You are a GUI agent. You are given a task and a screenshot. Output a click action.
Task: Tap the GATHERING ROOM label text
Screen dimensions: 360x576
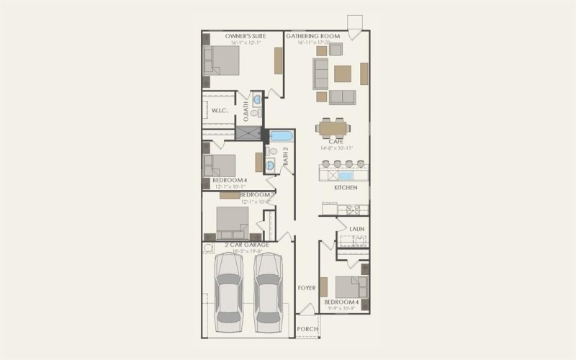coord(312,35)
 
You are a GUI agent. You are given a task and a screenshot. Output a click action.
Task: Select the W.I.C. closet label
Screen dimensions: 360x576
coord(220,110)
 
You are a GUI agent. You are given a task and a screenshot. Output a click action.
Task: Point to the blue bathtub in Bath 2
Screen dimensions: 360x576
coord(281,135)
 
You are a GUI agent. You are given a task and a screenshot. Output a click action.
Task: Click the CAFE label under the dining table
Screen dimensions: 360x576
coord(332,142)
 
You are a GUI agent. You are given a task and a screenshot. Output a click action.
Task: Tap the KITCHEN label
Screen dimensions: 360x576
coord(346,188)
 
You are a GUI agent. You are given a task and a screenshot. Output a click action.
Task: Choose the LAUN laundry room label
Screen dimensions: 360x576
coord(356,229)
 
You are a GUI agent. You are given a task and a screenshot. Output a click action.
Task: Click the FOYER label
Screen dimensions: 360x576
coord(307,287)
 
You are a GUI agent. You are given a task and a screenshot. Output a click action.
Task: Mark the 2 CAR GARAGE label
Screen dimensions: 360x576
coord(246,246)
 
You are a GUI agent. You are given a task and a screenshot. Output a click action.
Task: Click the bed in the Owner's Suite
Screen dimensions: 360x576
coord(221,60)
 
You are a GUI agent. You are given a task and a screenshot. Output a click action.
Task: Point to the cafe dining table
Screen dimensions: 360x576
coord(333,128)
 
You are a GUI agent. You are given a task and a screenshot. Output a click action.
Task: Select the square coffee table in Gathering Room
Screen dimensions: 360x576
coord(343,73)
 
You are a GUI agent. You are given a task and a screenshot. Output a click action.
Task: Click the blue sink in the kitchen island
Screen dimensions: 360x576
coord(346,175)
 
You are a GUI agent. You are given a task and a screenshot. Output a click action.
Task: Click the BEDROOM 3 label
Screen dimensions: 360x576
coord(257,194)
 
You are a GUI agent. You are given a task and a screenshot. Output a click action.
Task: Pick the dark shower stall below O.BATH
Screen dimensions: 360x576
coord(248,132)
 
